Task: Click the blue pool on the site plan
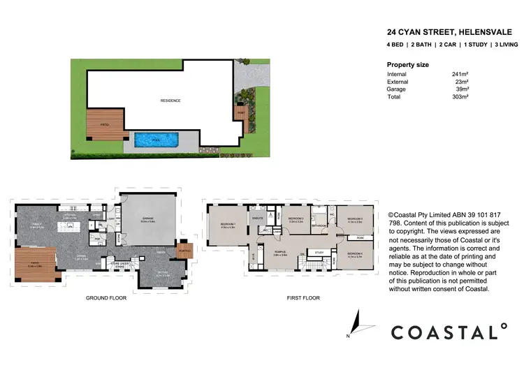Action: coord(157,140)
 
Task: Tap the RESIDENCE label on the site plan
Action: coord(170,101)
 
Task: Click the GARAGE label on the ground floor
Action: coord(147,219)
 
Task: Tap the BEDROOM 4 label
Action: coord(355,255)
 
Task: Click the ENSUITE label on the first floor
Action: coord(256,219)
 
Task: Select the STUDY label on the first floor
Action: coord(319,252)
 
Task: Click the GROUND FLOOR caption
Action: coord(106,298)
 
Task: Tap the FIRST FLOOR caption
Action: coord(303,298)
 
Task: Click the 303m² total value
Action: coord(458,96)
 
